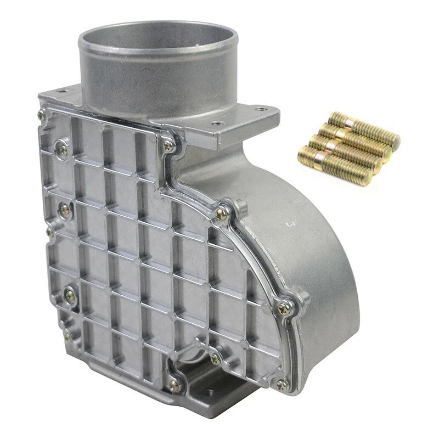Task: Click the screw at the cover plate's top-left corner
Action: point(41,114)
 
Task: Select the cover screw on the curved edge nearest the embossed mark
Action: point(221,214)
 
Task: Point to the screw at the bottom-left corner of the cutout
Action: point(175,385)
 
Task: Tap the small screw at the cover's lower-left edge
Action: point(67,335)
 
